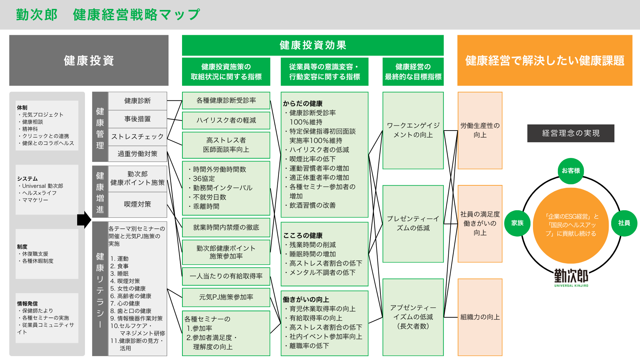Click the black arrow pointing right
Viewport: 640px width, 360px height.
coord(84,220)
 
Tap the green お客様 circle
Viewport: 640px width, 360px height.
coord(571,171)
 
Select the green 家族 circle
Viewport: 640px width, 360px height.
coord(517,223)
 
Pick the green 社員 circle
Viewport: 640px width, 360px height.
coord(624,223)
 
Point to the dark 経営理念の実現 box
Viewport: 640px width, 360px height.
coord(571,133)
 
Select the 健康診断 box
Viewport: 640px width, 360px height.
coord(137,101)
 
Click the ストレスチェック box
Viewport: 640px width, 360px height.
coord(137,137)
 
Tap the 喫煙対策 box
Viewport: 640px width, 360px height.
coord(137,204)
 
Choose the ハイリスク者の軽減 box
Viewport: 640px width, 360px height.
coord(226,121)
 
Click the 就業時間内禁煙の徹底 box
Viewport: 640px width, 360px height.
coord(226,228)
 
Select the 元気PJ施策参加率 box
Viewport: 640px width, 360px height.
coord(226,297)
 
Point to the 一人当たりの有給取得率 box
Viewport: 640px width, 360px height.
coord(226,276)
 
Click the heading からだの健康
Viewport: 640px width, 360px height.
coord(303,104)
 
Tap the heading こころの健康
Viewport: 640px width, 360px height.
coord(303,235)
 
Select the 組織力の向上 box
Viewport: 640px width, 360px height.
coord(480,317)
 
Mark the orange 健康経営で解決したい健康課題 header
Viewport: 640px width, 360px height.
coord(545,60)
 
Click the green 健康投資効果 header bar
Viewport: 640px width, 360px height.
coord(313,45)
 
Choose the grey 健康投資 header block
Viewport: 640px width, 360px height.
coord(89,60)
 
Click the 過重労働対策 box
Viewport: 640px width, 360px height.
coord(137,154)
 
